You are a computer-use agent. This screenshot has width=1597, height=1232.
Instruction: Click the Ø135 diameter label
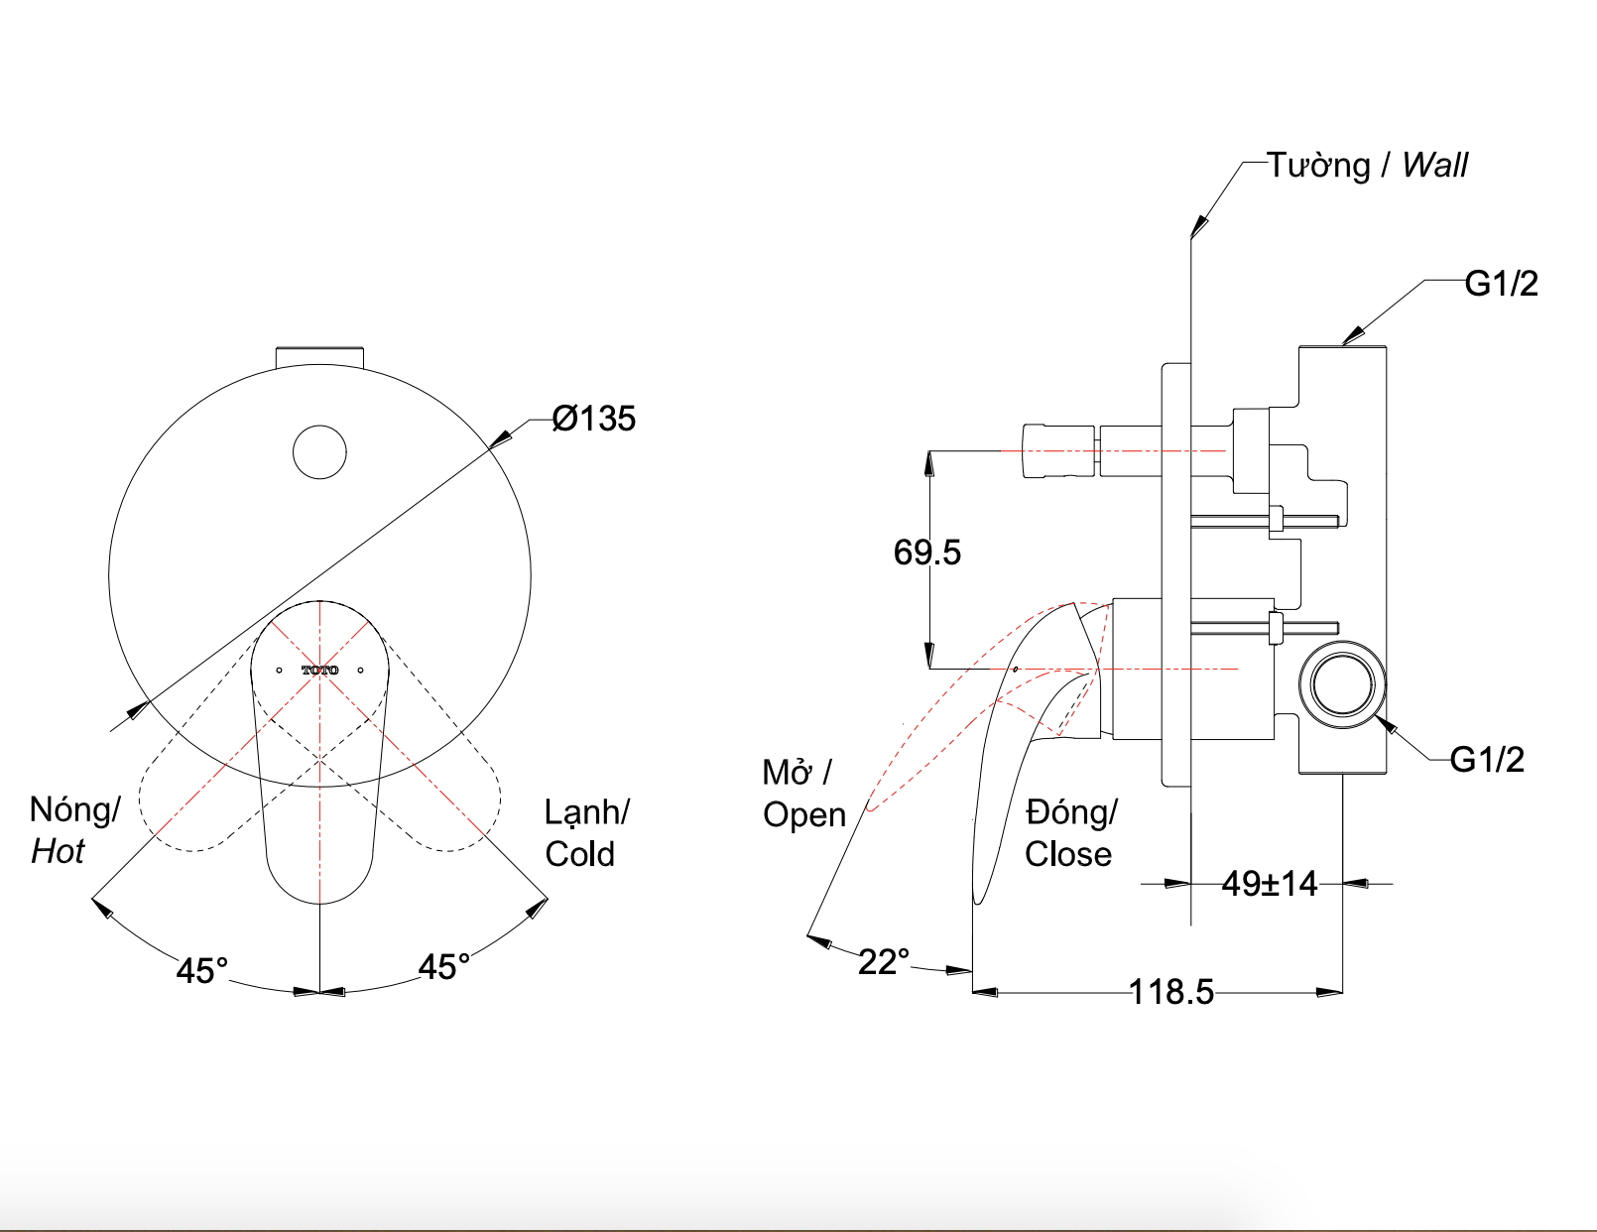(593, 419)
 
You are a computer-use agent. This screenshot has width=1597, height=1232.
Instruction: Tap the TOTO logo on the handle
(319, 671)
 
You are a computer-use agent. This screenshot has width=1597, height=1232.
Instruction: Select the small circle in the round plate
(319, 452)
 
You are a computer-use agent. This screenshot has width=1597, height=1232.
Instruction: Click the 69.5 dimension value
(926, 553)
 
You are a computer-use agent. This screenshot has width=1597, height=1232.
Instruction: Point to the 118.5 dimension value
(1170, 992)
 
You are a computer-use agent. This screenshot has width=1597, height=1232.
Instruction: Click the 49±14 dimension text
(1269, 883)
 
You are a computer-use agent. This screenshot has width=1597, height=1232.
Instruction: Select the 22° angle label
(883, 962)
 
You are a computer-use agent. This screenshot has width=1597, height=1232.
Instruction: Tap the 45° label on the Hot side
(202, 970)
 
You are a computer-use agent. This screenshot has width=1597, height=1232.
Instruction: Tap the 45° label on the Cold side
(443, 966)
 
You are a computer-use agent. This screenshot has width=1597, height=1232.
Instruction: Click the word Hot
(58, 851)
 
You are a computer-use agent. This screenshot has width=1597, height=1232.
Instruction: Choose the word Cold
(579, 854)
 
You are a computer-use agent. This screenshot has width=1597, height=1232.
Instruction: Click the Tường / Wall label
(1367, 165)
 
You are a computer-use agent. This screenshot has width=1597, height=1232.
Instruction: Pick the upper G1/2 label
(1501, 284)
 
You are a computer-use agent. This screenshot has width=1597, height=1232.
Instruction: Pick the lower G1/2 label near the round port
(1486, 760)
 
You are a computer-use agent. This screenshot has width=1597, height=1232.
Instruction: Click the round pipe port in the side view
(1342, 684)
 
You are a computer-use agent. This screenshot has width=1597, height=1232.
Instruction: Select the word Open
(803, 815)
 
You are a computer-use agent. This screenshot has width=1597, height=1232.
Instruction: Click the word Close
(1067, 854)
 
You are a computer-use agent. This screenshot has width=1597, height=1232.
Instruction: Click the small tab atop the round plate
(319, 356)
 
